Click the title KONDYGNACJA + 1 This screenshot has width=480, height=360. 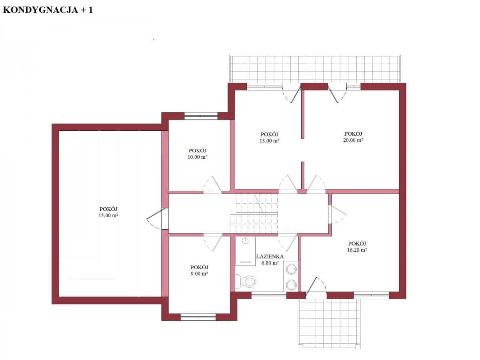coord(48,10)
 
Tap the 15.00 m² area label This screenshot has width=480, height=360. coord(108,215)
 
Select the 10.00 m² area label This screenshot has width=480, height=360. coord(198,157)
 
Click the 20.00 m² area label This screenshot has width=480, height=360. coord(353,140)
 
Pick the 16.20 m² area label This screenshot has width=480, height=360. coord(357,250)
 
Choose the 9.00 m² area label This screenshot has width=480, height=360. coord(199,274)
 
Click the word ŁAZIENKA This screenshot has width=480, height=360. coord(270,256)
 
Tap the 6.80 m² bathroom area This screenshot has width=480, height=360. coord(270,263)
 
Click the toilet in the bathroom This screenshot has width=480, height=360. coord(247,281)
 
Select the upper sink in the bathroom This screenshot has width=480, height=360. coord(292,269)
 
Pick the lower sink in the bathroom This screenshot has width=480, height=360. coord(292,284)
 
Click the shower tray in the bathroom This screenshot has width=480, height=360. coord(245,251)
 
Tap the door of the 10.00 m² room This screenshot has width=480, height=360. coord(212,186)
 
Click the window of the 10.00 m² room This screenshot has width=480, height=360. coord(201,116)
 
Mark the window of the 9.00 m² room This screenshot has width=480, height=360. coord(198,317)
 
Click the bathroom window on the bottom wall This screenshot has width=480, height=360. coord(269,296)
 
